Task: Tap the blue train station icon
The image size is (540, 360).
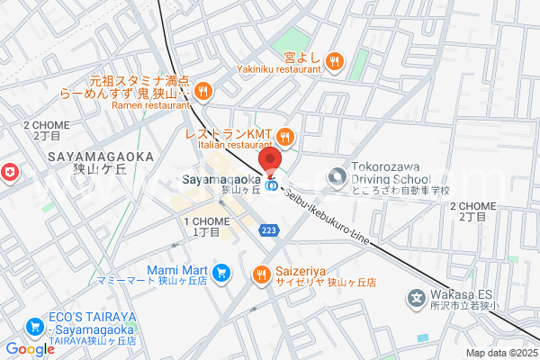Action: (271, 190)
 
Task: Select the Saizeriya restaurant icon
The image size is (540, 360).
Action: (262, 274)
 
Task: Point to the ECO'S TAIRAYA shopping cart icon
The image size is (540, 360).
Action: (36, 326)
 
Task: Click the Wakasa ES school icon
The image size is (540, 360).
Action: (417, 296)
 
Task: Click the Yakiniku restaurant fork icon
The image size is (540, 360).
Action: (334, 60)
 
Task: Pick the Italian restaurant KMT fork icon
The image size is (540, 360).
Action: (285, 136)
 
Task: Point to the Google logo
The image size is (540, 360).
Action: (30, 349)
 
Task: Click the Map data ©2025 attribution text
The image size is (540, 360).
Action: (500, 352)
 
